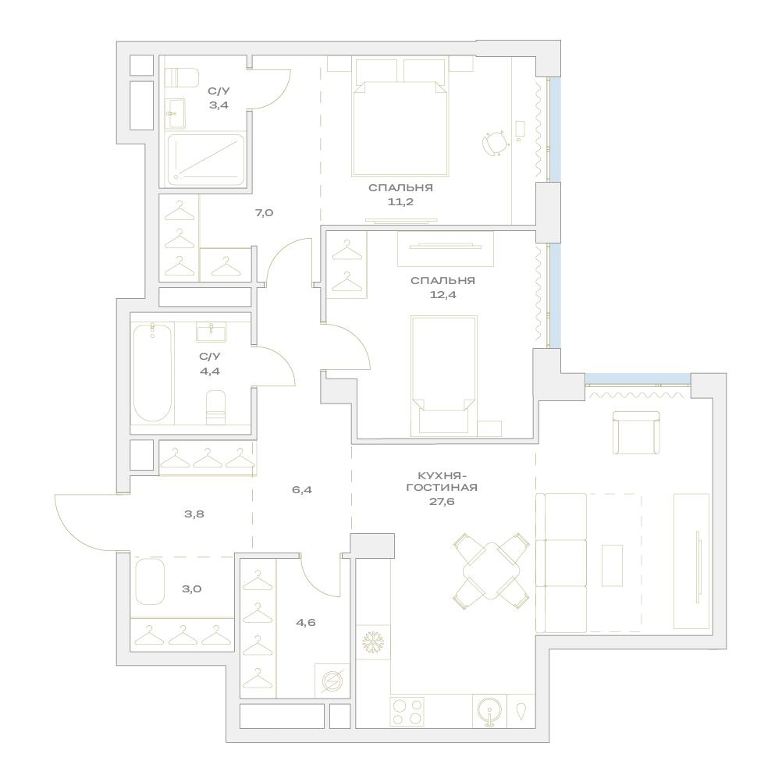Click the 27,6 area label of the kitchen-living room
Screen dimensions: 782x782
[442, 502]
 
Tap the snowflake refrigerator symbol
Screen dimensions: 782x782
[372, 642]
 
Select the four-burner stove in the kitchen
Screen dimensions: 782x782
[407, 712]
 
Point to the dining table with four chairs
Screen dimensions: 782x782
[491, 571]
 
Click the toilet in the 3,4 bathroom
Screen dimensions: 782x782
[182, 77]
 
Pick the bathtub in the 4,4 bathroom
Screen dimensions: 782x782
[153, 373]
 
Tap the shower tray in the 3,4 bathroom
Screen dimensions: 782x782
[206, 159]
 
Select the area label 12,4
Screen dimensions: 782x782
[443, 295]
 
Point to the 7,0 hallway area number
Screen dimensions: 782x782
[264, 213]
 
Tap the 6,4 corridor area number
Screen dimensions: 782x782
[302, 490]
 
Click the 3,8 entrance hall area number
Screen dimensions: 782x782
[194, 514]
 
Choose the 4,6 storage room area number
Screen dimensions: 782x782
[305, 623]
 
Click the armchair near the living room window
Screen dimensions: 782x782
[636, 432]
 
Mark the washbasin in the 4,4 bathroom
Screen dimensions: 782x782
[211, 332]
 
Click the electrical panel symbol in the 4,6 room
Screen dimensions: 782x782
[332, 681]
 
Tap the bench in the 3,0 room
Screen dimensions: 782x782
[150, 581]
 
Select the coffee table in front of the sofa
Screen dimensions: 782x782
[612, 565]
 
